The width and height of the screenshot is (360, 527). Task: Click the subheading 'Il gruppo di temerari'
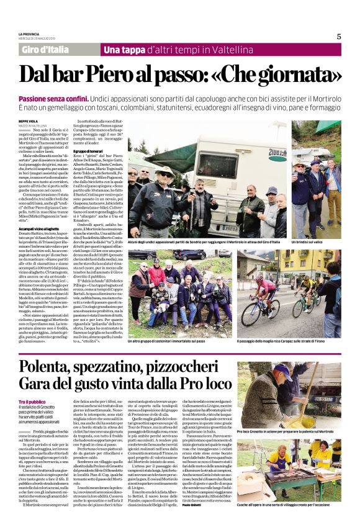[x=88, y=151]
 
